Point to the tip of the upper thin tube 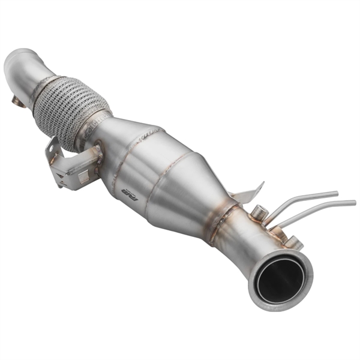[x=337, y=193]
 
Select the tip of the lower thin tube [x=354, y=202]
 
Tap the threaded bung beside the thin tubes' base [x=259, y=211]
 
